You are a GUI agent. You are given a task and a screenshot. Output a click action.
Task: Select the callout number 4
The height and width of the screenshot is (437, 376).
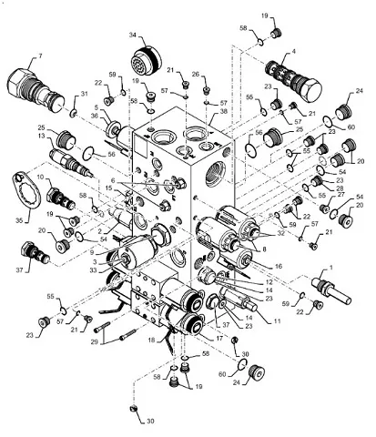[x=294, y=53]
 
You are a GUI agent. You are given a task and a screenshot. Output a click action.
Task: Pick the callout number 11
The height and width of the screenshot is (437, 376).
[x=277, y=320]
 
